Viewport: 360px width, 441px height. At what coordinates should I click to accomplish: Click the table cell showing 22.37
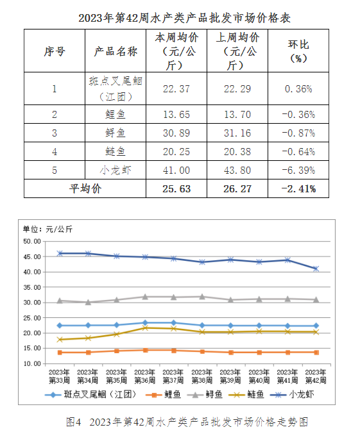[x=176, y=89]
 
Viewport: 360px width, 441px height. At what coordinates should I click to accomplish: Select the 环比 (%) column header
[x=298, y=51]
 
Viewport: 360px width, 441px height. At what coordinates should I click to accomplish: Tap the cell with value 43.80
[x=237, y=170]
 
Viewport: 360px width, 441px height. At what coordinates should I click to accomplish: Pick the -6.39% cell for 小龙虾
[x=298, y=170]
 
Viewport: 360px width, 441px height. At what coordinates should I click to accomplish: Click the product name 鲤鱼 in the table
[x=116, y=114]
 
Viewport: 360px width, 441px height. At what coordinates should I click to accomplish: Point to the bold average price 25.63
[x=176, y=188]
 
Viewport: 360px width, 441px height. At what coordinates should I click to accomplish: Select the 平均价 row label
[x=85, y=188]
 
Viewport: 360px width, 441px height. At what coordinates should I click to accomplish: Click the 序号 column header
[x=55, y=51]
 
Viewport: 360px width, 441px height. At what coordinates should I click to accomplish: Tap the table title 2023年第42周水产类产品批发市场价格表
[x=184, y=18]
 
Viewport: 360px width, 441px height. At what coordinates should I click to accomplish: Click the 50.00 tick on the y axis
[x=32, y=241]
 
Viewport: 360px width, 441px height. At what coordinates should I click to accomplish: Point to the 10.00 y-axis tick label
[x=32, y=363]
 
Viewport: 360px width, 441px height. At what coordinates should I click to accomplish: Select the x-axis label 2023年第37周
[x=173, y=376]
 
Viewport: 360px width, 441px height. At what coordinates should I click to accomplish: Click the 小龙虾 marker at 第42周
[x=316, y=269]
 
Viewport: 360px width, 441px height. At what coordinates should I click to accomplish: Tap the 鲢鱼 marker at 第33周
[x=60, y=340]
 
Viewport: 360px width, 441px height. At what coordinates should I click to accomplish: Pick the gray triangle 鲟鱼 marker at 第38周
[x=202, y=296]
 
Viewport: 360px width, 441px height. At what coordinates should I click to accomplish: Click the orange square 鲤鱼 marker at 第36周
[x=145, y=350]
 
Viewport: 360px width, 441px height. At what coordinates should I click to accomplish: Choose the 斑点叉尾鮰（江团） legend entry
[x=90, y=395]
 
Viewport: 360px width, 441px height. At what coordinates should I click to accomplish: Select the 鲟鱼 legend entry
[x=204, y=395]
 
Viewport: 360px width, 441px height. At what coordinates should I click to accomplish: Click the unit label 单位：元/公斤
[x=48, y=229]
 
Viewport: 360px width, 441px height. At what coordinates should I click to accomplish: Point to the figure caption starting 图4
[x=187, y=422]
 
